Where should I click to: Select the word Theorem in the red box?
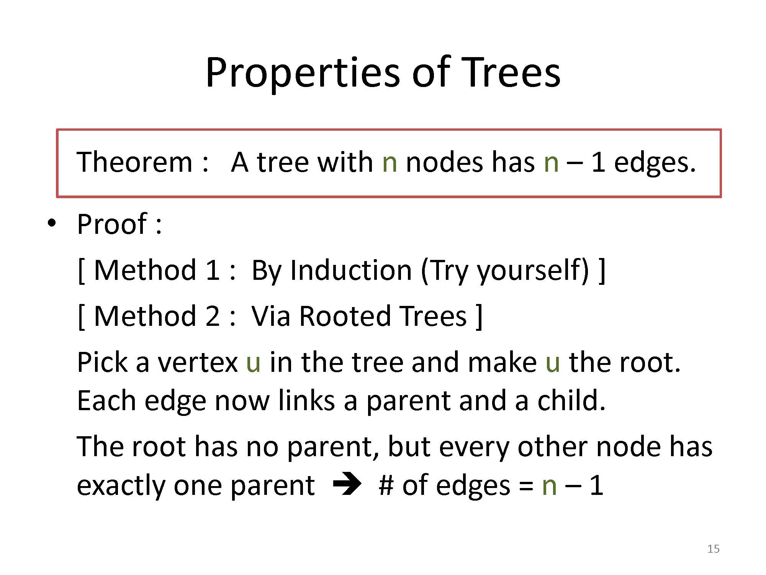pos(134,162)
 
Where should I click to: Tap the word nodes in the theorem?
pos(444,162)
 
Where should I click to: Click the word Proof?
pos(112,224)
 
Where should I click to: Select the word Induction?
pos(351,270)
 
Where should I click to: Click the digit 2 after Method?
pos(212,316)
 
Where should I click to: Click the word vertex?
pos(198,363)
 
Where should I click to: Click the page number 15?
pos(714,549)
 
